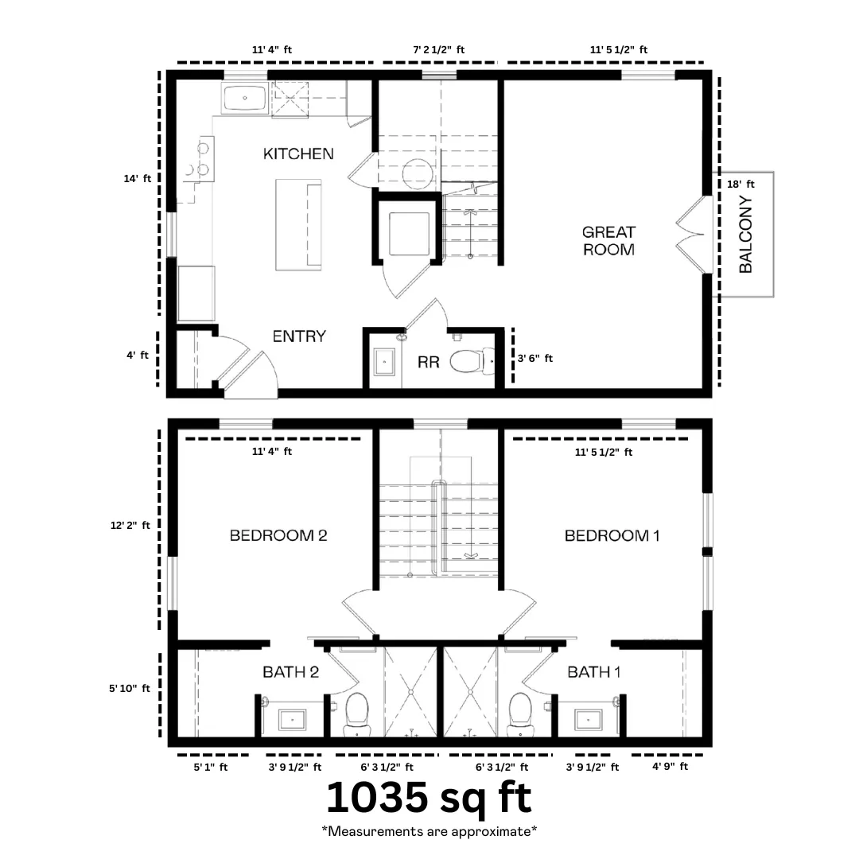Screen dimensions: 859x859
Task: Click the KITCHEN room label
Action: point(298,154)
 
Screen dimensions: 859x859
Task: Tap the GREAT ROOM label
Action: point(608,241)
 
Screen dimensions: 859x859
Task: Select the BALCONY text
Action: point(745,235)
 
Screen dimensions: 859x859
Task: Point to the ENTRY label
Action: point(299,336)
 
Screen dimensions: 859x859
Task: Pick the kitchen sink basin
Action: point(244,98)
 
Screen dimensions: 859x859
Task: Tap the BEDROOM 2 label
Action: point(278,535)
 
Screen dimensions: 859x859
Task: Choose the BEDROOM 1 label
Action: point(612,535)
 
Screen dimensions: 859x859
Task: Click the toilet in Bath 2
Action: point(357,714)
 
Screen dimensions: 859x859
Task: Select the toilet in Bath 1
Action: point(520,714)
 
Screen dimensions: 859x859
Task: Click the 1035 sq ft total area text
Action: point(429,797)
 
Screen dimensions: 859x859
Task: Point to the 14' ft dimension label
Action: point(137,179)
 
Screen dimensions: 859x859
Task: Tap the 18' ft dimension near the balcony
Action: point(740,184)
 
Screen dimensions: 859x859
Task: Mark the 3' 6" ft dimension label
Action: point(535,358)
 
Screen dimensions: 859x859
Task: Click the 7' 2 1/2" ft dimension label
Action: point(439,50)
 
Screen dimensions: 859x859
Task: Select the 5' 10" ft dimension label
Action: point(130,688)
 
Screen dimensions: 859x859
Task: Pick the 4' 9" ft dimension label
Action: point(670,767)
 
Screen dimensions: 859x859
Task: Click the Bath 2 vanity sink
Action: point(293,719)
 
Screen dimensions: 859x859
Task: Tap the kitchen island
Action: point(298,224)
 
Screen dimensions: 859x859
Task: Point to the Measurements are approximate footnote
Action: point(429,832)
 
